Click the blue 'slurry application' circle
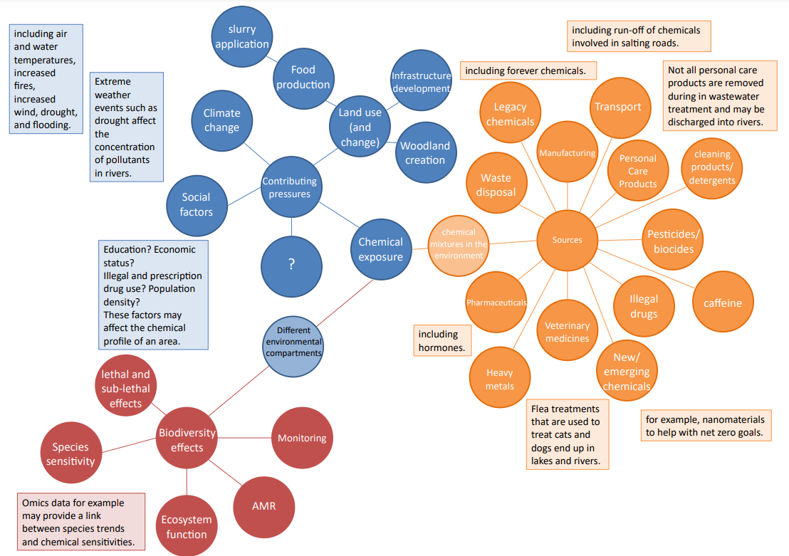click(x=242, y=37)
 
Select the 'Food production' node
click(x=303, y=77)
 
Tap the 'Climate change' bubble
click(x=221, y=120)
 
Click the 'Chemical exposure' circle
click(x=380, y=249)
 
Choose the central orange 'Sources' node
click(x=567, y=241)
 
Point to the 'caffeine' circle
click(x=722, y=303)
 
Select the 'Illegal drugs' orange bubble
click(x=643, y=306)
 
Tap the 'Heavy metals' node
click(x=499, y=379)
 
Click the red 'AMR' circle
click(x=263, y=507)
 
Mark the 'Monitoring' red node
click(x=302, y=438)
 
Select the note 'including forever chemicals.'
click(x=528, y=70)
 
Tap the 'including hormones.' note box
click(x=442, y=341)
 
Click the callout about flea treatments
click(x=568, y=434)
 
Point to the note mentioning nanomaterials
click(x=706, y=426)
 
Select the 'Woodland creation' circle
click(x=425, y=153)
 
